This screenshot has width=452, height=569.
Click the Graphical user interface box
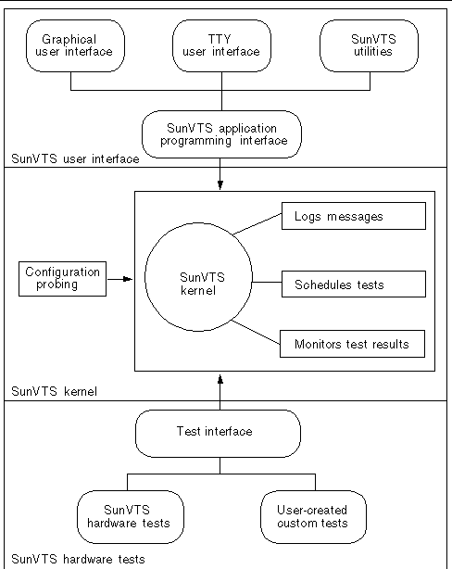click(77, 45)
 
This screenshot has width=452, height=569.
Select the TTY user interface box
click(221, 45)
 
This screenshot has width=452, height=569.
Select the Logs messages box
click(352, 217)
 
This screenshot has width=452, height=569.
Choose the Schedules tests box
click(352, 283)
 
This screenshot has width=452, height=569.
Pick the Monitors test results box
click(352, 344)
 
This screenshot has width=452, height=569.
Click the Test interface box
click(219, 431)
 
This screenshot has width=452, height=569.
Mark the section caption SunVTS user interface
click(74, 158)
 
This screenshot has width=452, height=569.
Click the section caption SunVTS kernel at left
click(54, 392)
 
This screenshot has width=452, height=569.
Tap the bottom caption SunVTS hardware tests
click(78, 559)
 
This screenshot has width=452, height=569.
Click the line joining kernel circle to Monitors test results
click(257, 335)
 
